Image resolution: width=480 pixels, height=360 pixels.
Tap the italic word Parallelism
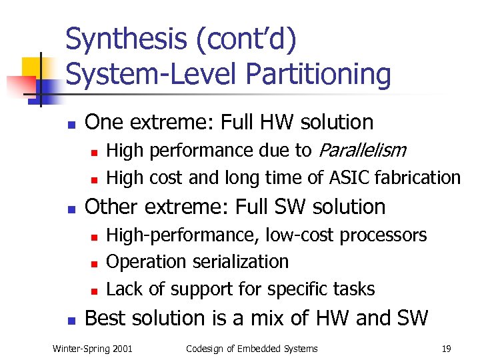tap(361, 151)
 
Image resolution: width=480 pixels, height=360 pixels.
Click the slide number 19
tap(446, 348)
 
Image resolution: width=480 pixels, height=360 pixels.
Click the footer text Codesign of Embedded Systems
tap(251, 348)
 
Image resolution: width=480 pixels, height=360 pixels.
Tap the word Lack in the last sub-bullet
tap(122, 289)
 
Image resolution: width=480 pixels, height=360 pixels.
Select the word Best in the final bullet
tap(108, 318)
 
